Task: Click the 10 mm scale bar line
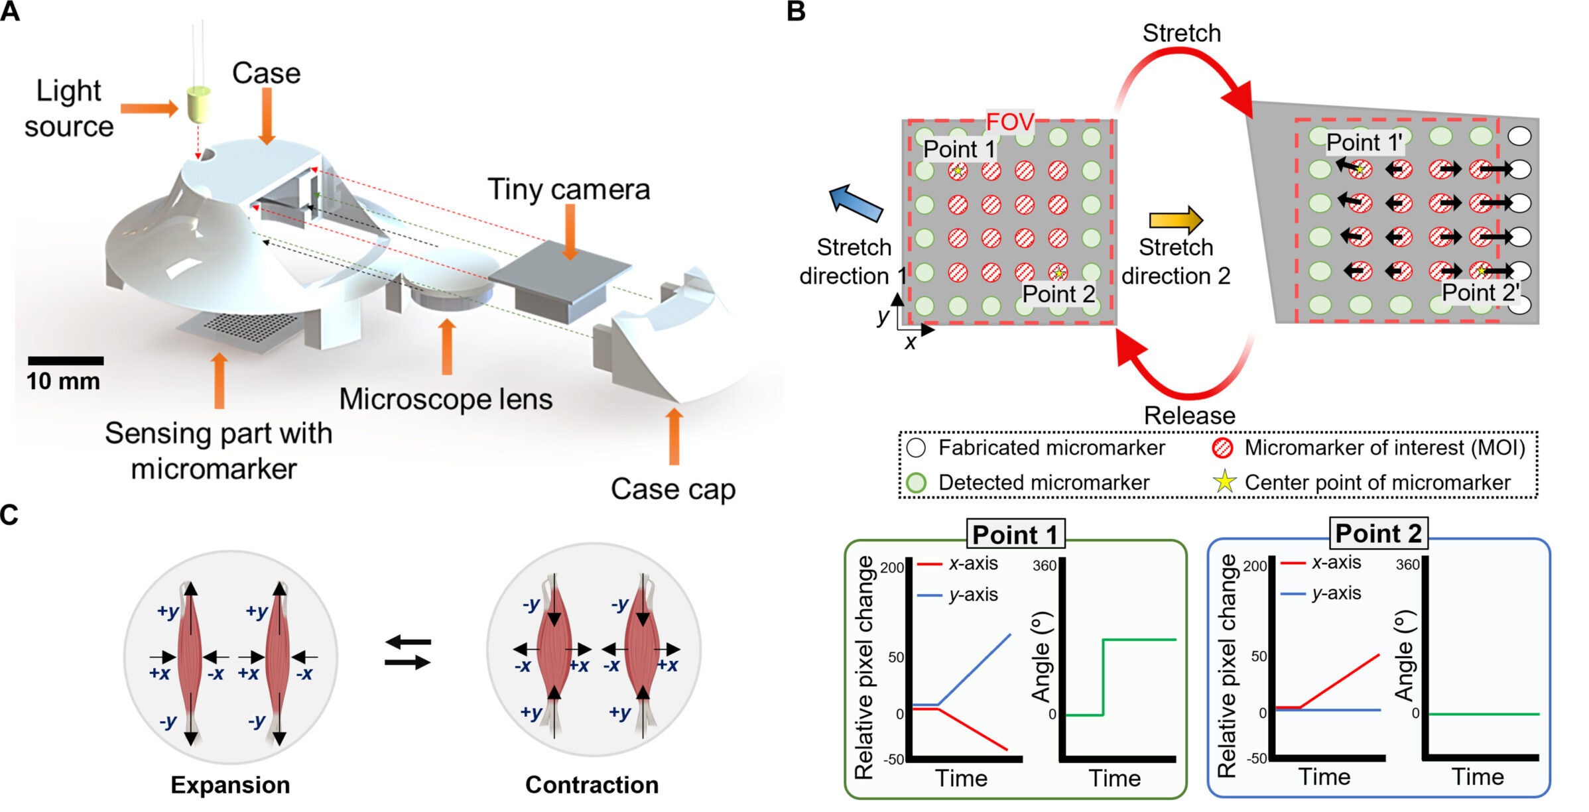[65, 361]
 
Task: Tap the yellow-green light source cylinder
[198, 104]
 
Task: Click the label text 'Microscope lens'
[446, 399]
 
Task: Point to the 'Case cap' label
[672, 489]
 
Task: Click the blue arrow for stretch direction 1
[856, 202]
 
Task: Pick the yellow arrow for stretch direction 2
[1176, 219]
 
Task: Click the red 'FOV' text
[1009, 122]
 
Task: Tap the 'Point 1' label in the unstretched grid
[959, 149]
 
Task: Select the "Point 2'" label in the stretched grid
[1480, 292]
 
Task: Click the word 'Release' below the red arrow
[1189, 416]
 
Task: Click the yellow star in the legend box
[1224, 482]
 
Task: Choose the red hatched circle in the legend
[1222, 448]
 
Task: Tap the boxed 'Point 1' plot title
[1015, 534]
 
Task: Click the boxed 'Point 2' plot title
[1378, 533]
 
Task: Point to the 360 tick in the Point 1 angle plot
[1045, 565]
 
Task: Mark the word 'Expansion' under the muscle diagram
[230, 784]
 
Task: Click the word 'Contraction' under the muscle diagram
[592, 784]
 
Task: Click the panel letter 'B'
[796, 12]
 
